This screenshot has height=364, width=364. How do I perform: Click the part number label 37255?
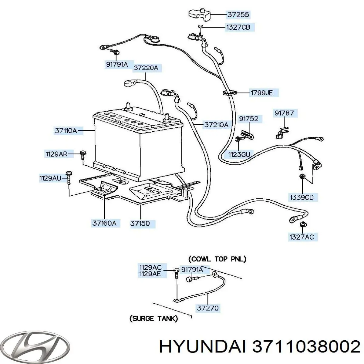click(238, 14)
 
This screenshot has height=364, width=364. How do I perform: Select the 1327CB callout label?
click(238, 27)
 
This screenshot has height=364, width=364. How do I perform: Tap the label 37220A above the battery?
click(146, 68)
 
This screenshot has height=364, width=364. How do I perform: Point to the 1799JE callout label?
click(261, 93)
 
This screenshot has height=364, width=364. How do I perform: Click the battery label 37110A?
click(66, 131)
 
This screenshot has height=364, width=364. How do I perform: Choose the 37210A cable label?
click(216, 125)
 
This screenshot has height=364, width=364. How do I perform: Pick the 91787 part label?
click(284, 113)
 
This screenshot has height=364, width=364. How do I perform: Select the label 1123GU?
click(239, 154)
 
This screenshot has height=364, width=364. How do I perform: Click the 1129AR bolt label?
click(56, 154)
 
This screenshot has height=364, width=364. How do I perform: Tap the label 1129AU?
click(50, 178)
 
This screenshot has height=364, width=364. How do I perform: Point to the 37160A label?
click(104, 223)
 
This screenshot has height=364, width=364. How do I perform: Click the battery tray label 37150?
click(140, 224)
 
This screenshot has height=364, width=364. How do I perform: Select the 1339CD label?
click(302, 197)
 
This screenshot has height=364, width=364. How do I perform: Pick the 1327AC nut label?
click(302, 237)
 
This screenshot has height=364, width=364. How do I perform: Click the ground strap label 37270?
click(208, 308)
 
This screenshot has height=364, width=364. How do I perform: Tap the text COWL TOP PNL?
click(217, 259)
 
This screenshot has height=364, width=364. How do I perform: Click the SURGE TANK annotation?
click(153, 318)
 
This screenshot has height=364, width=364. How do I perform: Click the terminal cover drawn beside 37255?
click(198, 14)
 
